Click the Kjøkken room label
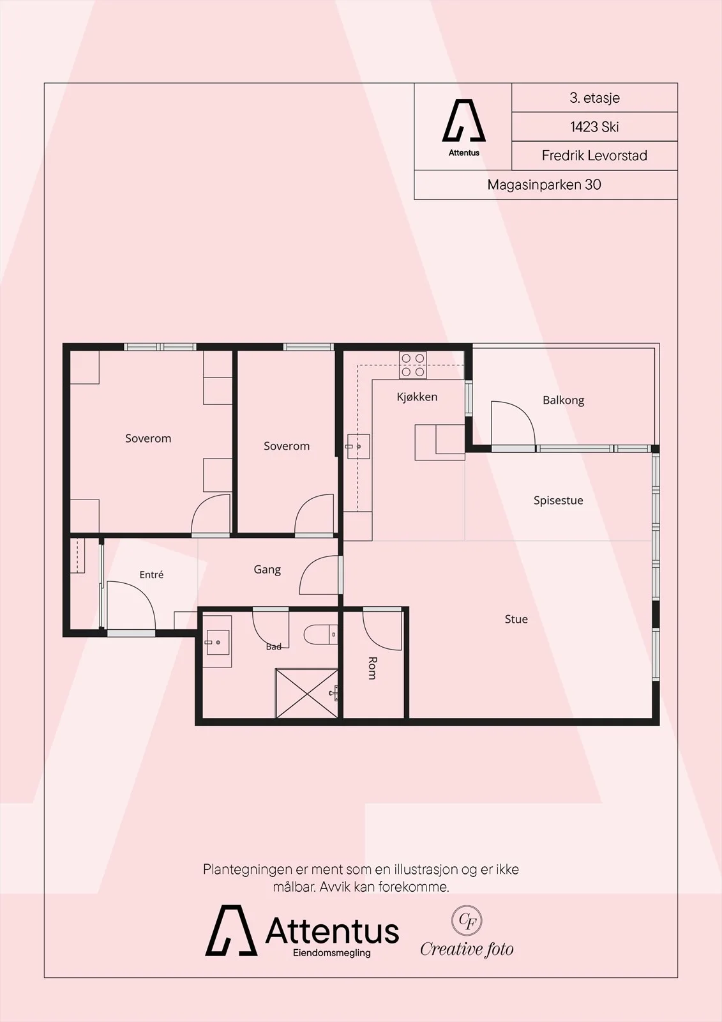[x=417, y=397]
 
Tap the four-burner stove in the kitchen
[x=413, y=365]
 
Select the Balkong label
[x=563, y=400]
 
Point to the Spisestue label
[x=559, y=501]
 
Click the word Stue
[x=516, y=619]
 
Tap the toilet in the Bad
[x=320, y=635]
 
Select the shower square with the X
[x=307, y=693]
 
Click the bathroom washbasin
[x=217, y=641]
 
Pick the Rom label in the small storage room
[x=372, y=668]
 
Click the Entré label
[x=151, y=574]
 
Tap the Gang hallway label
[x=267, y=569]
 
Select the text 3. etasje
[x=594, y=98]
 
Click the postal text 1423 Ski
[x=594, y=127]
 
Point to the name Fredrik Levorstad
[x=594, y=156]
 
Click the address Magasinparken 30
[x=544, y=185]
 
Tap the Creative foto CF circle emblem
[x=467, y=920]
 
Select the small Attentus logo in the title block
[x=464, y=128]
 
